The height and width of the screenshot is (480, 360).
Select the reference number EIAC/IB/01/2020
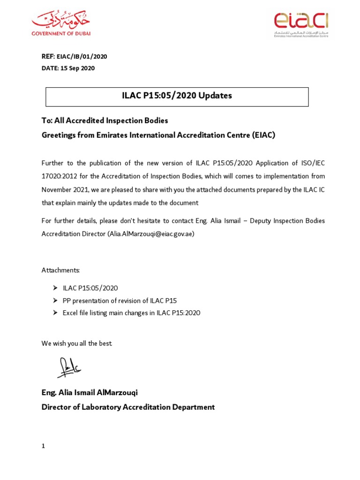[82, 57]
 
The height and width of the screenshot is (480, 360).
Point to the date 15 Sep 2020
[77, 68]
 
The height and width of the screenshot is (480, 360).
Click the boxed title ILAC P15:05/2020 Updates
[177, 96]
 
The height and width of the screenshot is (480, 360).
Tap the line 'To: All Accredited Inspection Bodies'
[105, 120]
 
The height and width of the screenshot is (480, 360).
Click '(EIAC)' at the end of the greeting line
[263, 135]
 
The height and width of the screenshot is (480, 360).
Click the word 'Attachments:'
[61, 270]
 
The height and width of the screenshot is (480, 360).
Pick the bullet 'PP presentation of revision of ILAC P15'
[120, 300]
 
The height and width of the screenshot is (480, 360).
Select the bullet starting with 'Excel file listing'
[131, 313]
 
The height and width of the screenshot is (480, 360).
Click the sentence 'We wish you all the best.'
[77, 344]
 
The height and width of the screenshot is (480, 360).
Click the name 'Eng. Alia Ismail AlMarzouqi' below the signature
[90, 392]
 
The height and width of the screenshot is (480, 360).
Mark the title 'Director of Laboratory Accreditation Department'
[128, 407]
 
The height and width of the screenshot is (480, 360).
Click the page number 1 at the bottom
[43, 446]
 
